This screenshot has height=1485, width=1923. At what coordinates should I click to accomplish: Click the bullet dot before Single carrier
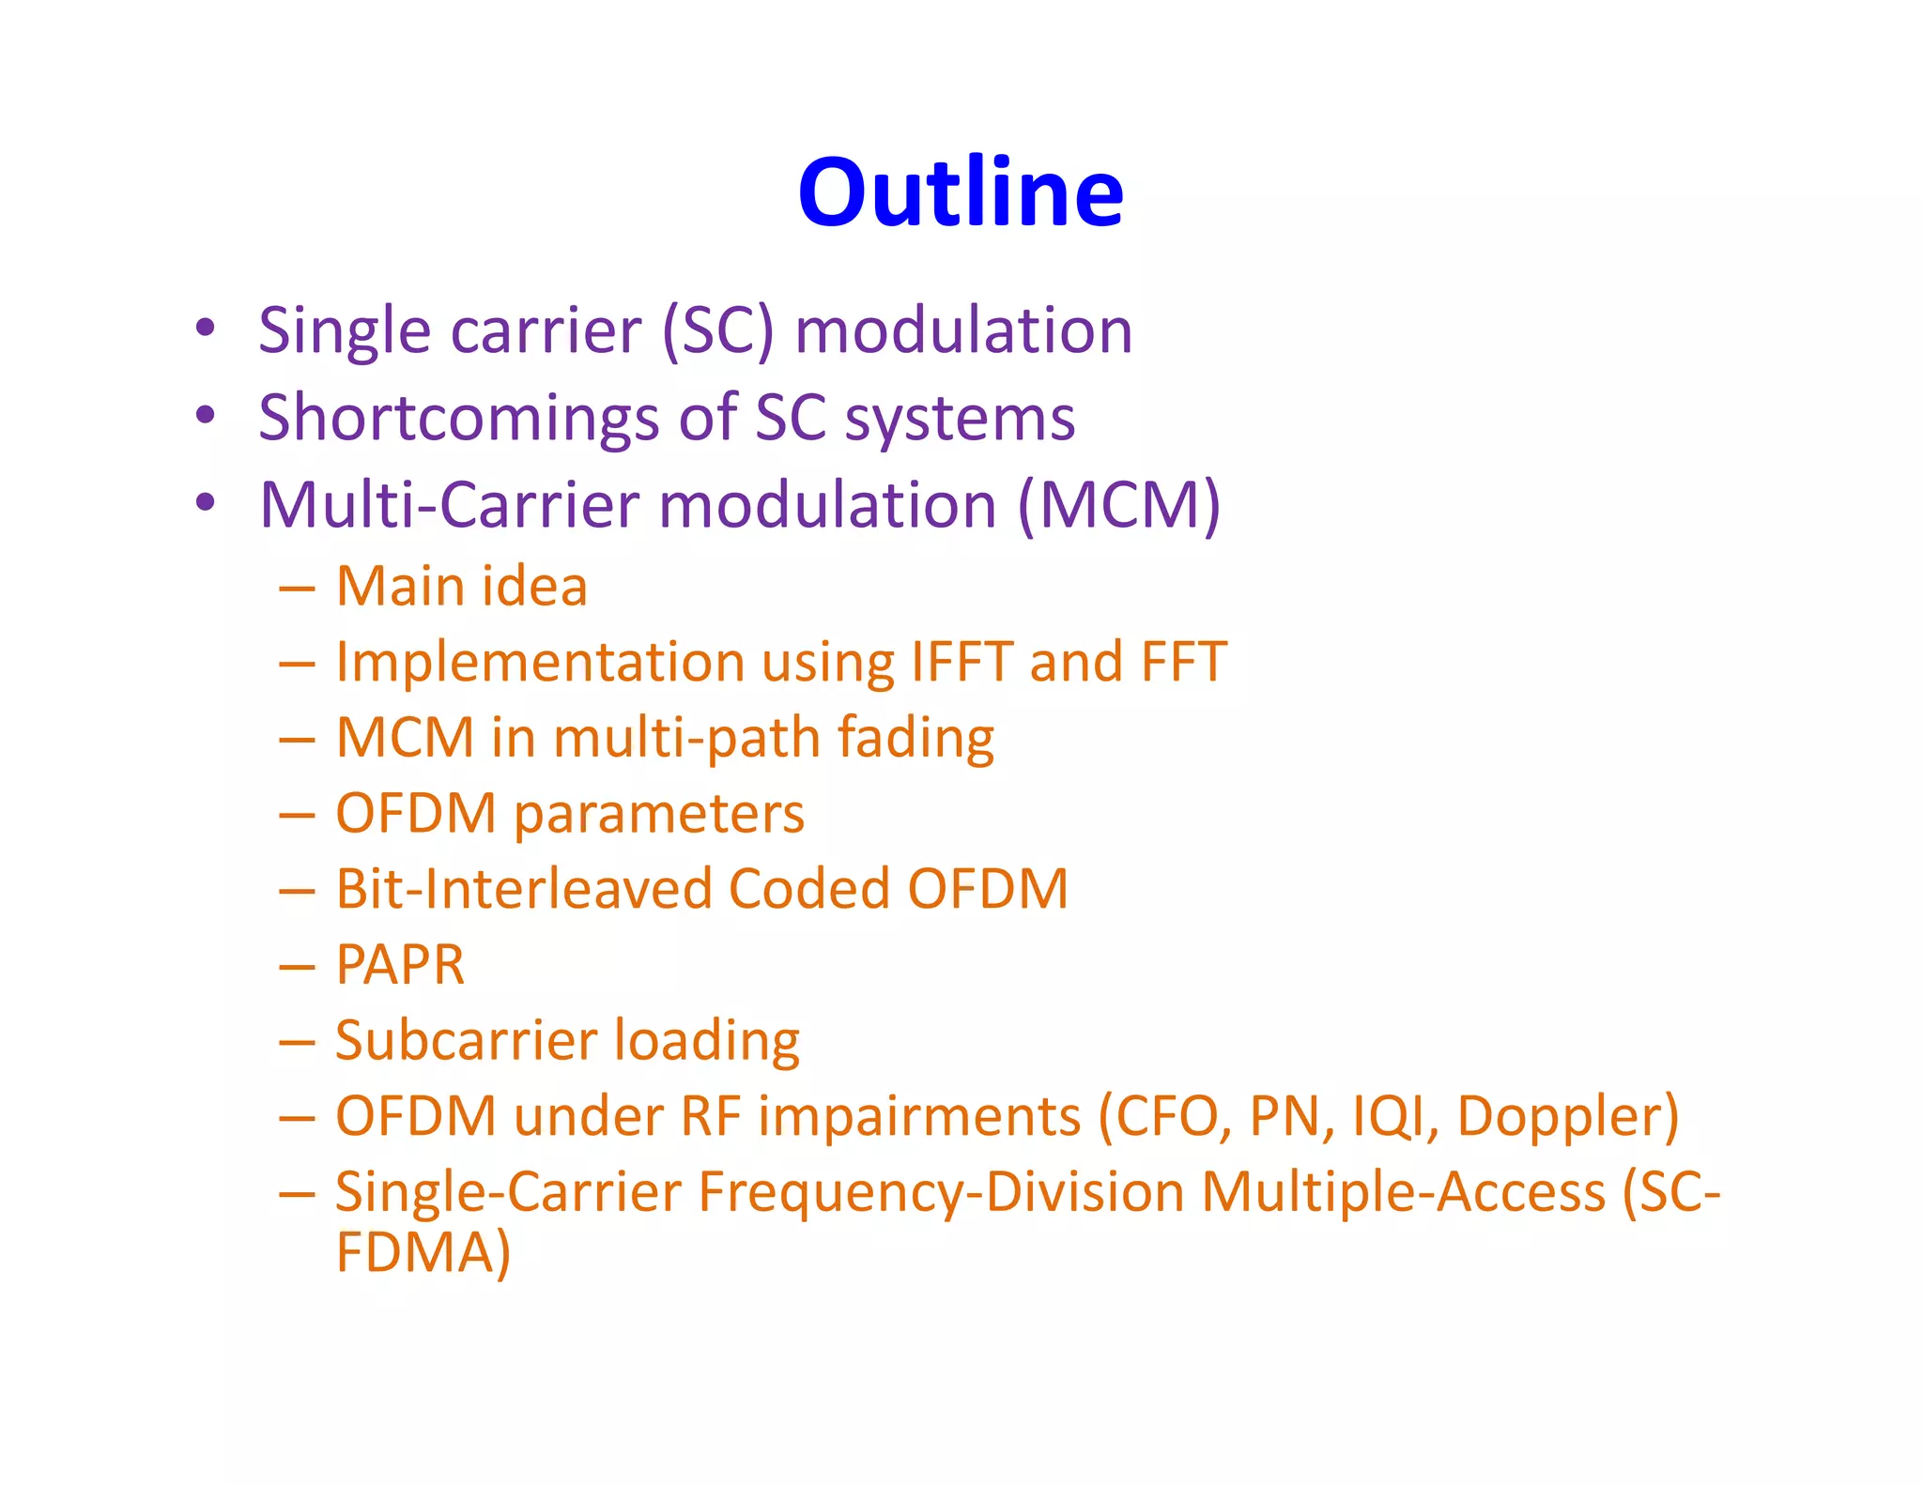[206, 329]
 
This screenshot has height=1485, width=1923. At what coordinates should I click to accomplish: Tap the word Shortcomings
[459, 418]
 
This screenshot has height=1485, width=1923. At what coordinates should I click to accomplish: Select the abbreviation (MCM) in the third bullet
[1119, 506]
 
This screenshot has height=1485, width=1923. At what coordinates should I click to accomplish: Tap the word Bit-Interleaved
[522, 889]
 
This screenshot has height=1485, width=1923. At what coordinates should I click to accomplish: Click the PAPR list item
[400, 965]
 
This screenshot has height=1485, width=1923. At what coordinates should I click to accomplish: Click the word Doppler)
[1567, 1117]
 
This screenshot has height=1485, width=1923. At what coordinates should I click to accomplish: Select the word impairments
[919, 1117]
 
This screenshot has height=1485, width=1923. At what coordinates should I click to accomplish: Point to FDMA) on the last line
[423, 1252]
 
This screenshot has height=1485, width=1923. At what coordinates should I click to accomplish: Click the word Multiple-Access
[1403, 1193]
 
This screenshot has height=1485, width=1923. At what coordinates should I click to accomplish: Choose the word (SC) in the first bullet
[718, 331]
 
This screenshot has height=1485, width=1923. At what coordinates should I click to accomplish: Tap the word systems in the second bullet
[960, 419]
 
